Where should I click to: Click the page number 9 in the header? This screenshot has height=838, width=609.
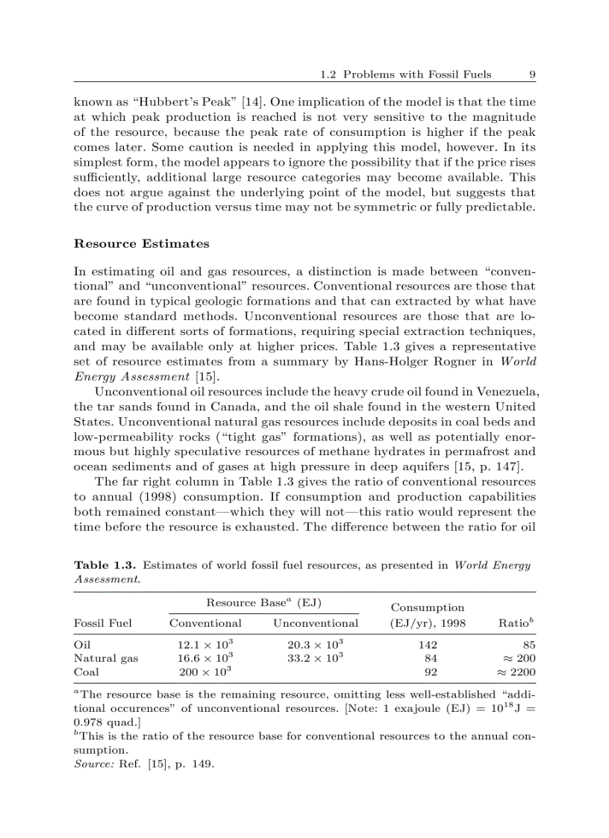[531, 75]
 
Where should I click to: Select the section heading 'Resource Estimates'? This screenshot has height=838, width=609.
[141, 244]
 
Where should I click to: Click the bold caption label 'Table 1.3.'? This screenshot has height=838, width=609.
[104, 565]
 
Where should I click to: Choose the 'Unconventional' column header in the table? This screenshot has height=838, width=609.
[316, 623]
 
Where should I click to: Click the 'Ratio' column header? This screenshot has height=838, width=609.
[516, 623]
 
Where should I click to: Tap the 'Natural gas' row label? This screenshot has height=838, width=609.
[105, 658]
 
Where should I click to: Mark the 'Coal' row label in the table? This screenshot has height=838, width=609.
[86, 672]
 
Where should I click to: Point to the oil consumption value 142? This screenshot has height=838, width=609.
[428, 645]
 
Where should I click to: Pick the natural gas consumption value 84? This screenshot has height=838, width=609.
[431, 658]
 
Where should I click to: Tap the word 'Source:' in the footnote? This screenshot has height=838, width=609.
[94, 764]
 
